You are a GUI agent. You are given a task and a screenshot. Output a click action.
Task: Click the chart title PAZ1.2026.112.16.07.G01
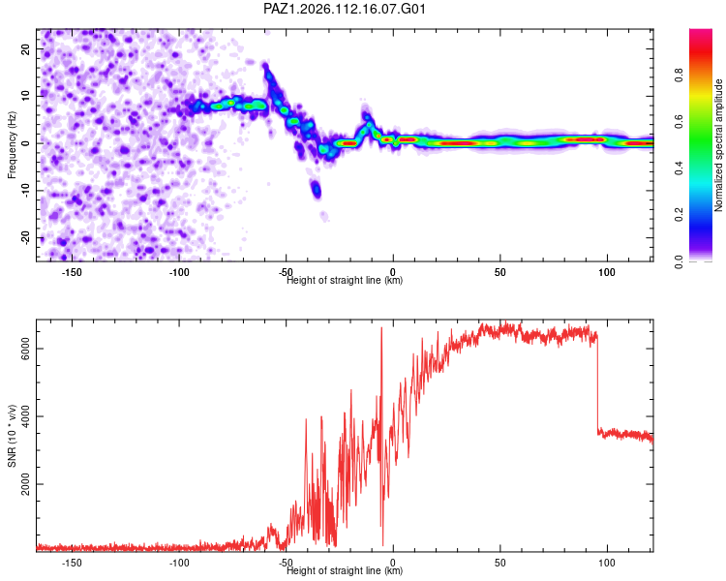(x=344, y=9)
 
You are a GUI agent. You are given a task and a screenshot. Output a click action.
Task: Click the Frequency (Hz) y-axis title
(x=12, y=145)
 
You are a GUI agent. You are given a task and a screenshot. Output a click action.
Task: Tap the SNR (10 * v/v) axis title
(x=12, y=436)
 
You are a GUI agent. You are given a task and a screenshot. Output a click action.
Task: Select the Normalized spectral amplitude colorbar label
(x=718, y=145)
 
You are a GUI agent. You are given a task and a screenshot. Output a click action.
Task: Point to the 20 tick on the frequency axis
(x=25, y=49)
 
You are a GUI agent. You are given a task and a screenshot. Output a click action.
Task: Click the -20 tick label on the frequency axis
(x=25, y=238)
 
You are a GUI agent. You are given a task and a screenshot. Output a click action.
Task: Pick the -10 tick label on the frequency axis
(x=25, y=191)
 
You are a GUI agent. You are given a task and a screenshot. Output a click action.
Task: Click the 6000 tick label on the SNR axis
(x=25, y=349)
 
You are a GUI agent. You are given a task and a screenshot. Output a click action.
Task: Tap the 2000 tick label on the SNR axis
(x=25, y=484)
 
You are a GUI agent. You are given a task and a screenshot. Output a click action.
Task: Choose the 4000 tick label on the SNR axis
(x=25, y=416)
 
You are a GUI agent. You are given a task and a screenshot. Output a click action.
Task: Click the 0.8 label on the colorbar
(x=679, y=76)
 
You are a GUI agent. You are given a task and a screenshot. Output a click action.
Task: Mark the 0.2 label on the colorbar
(x=679, y=215)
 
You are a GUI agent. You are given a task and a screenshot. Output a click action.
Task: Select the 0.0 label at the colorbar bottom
(x=679, y=261)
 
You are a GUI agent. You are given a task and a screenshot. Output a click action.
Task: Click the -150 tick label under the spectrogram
(x=71, y=272)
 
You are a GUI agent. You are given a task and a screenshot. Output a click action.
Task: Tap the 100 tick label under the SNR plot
(x=607, y=563)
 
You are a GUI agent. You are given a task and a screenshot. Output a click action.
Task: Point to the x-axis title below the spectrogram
(x=345, y=280)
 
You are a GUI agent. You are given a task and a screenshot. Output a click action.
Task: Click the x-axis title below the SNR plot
(x=345, y=570)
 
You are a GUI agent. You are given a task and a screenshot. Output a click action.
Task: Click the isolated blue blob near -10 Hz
(x=317, y=189)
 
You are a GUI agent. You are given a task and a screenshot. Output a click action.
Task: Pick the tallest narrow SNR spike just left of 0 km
(x=381, y=436)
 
